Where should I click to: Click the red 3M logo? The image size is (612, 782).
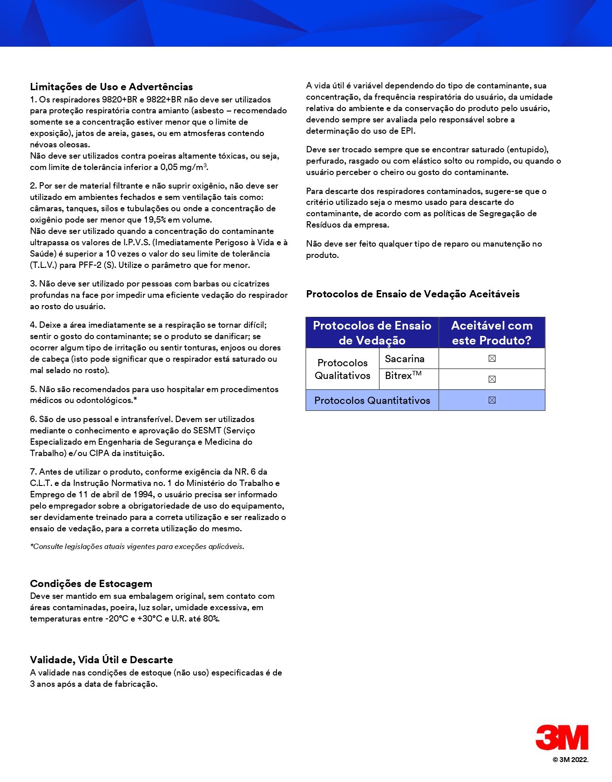pos(562,737)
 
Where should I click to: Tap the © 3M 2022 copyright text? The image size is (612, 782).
pos(570,760)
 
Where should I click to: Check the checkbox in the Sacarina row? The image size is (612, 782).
pos(492,359)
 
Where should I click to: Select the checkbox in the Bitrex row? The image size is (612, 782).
pos(492,379)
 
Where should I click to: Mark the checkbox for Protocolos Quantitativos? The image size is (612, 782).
pos(492,400)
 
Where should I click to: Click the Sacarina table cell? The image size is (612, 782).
pos(405,359)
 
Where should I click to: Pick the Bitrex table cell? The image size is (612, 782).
pos(403,376)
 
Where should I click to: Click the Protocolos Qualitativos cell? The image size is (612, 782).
pos(343,369)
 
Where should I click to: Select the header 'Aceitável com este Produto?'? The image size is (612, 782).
pos(492,333)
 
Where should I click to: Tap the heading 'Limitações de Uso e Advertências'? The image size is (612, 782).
pos(112,87)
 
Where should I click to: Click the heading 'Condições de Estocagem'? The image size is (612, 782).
pos(91,583)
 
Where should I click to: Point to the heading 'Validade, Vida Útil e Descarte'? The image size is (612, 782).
pos(102,660)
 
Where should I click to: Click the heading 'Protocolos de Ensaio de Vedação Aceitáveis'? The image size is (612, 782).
pos(413,294)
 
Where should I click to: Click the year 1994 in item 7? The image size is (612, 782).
pos(144,494)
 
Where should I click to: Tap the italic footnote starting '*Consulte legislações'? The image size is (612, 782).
pos(137,546)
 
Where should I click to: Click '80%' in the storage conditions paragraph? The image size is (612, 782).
pos(211,619)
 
